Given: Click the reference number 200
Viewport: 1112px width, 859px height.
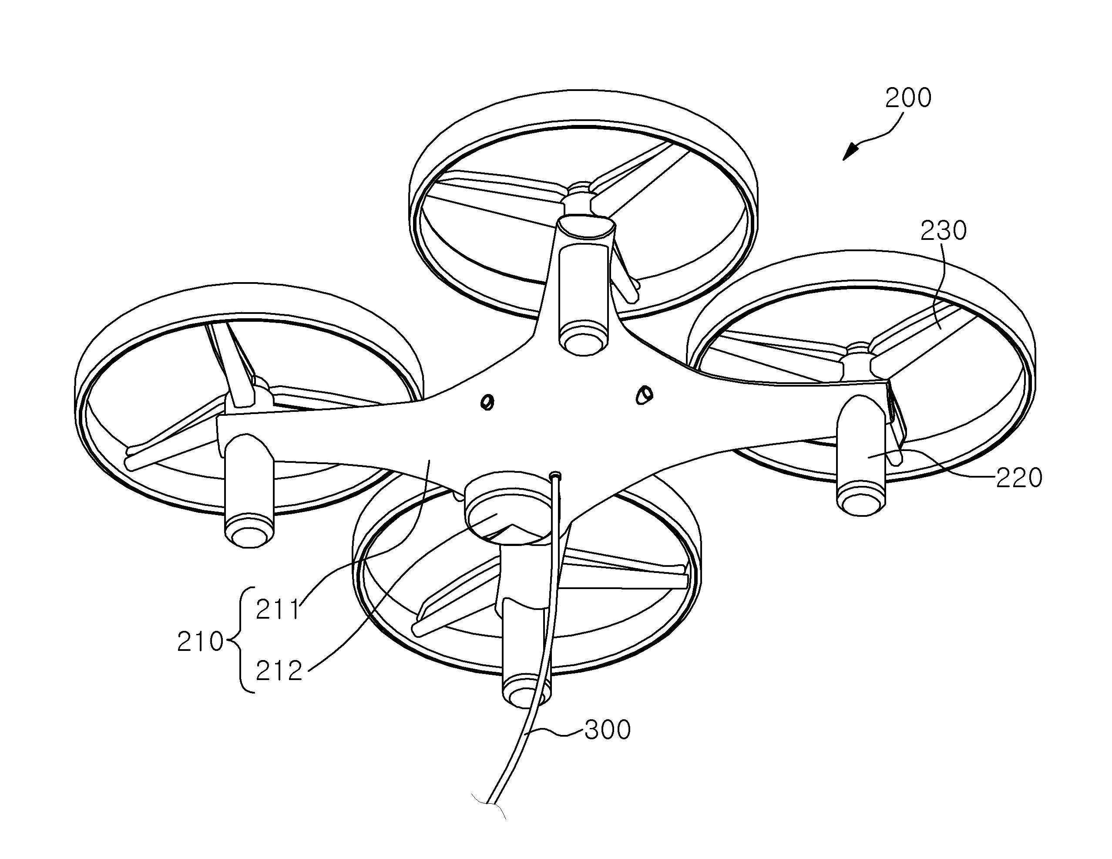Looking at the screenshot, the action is [x=908, y=98].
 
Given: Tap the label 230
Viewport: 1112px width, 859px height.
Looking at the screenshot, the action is [x=943, y=231].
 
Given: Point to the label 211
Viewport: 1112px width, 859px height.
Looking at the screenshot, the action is [x=278, y=610].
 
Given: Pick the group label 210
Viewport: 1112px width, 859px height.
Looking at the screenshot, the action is [x=201, y=642].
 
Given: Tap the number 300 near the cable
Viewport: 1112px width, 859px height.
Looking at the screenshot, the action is [x=608, y=730].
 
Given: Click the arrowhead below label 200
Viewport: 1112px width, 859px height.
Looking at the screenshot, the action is [x=850, y=152].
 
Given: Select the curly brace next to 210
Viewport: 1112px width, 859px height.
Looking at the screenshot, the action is [x=240, y=640].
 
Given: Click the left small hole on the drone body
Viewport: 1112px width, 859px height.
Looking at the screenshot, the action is [x=487, y=402].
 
